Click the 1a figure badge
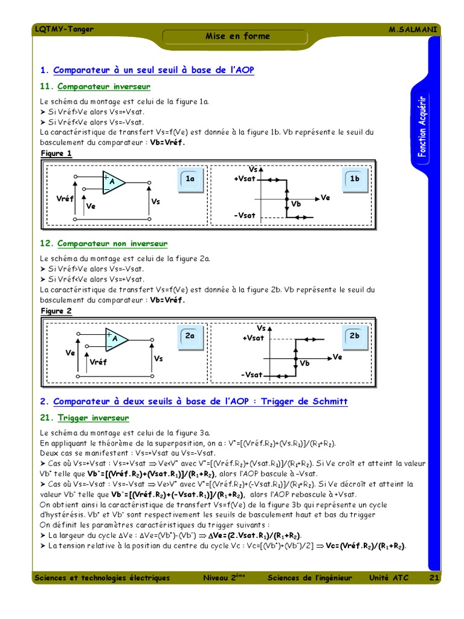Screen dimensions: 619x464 point(190,179)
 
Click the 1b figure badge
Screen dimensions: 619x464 point(355,179)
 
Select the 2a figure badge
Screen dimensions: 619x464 point(190,336)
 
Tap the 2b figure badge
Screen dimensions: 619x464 point(355,336)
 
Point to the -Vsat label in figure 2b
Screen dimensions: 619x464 point(251,375)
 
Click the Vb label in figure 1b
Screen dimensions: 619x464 point(296,204)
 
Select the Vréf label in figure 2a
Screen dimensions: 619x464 point(98,362)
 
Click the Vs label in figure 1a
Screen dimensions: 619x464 point(156,201)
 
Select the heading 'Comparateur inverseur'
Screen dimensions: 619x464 point(104,86)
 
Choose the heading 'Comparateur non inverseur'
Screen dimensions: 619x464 point(112,244)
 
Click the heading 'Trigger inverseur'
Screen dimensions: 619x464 point(93,418)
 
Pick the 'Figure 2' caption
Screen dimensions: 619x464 point(56,311)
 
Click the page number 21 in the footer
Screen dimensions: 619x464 point(434,578)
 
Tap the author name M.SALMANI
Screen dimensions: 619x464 point(414,30)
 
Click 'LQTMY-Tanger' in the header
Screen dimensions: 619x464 point(64,29)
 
